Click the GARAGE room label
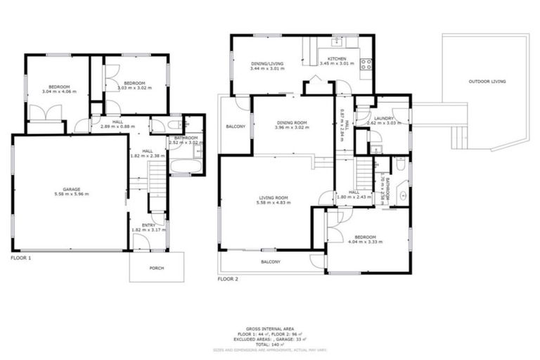[x=70, y=188]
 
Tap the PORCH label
[x=156, y=268]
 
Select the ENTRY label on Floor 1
[x=148, y=225]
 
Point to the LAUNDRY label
[x=383, y=118]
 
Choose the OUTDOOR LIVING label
[x=487, y=82]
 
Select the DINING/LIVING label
[x=266, y=64]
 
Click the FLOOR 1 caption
[x=21, y=258]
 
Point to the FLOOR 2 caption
[x=228, y=279]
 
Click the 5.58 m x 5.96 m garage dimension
[x=70, y=194]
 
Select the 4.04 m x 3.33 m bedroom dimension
[x=365, y=242]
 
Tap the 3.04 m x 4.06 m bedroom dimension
[x=57, y=92]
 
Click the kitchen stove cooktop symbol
[x=366, y=65]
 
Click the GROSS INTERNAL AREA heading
[x=270, y=328]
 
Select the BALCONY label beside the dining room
[x=236, y=127]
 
